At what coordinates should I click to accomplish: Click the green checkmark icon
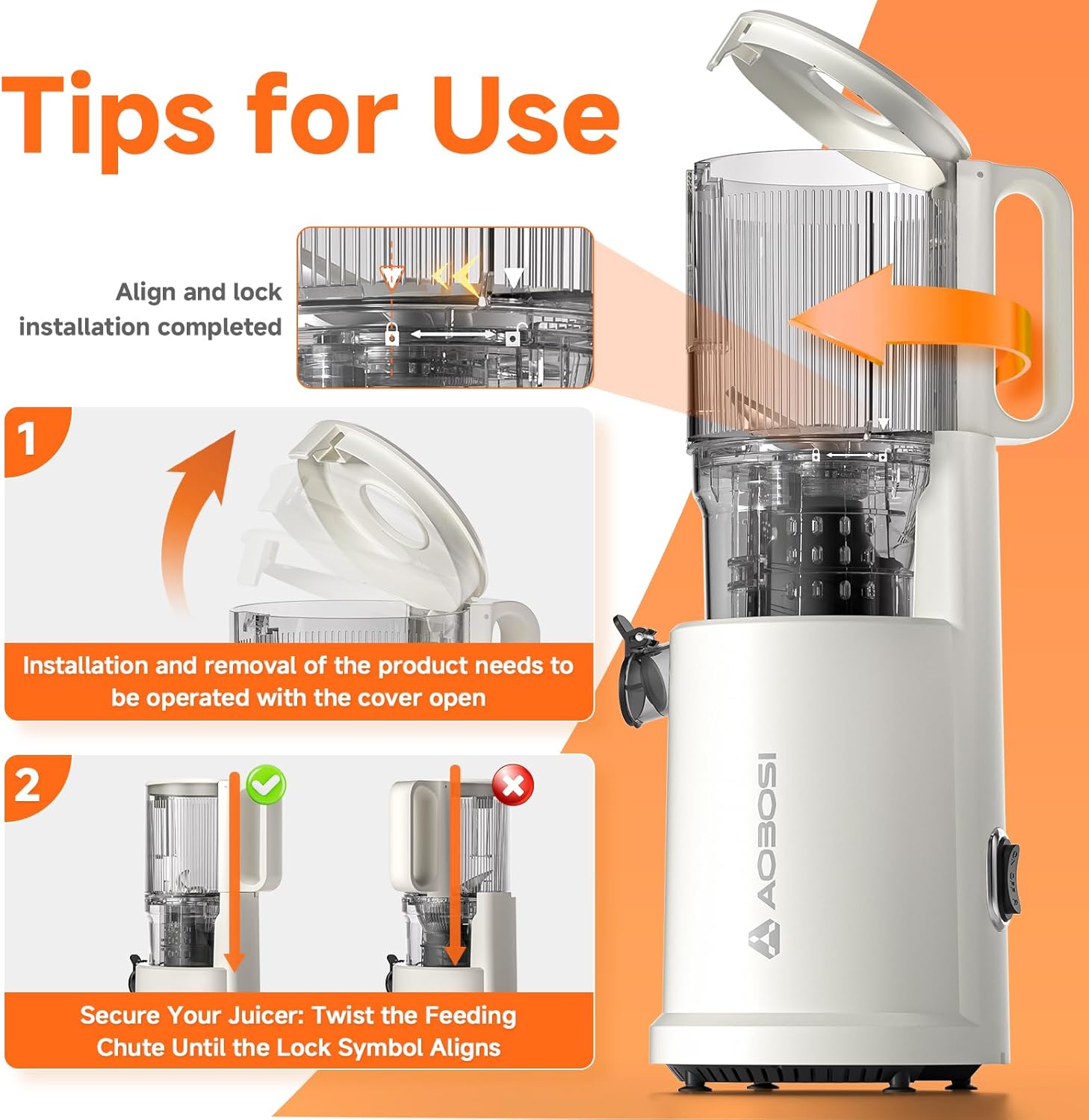tap(267, 785)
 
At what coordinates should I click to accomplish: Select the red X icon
tap(512, 785)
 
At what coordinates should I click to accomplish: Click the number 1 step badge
tap(28, 439)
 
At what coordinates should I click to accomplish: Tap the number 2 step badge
tap(28, 785)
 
